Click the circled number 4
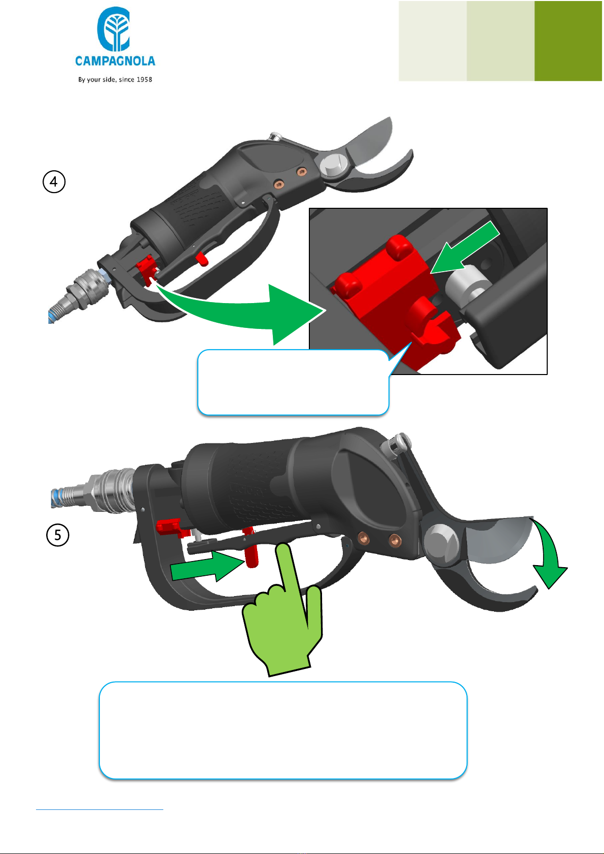click(x=54, y=181)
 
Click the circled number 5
click(x=58, y=535)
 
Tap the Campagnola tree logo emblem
click(x=114, y=29)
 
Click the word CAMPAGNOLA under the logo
click(x=115, y=61)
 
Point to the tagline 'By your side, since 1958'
click(x=115, y=79)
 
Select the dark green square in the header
click(x=568, y=41)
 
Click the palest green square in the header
click(x=433, y=41)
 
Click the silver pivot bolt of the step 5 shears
click(x=442, y=541)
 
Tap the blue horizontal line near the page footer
click(x=99, y=809)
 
